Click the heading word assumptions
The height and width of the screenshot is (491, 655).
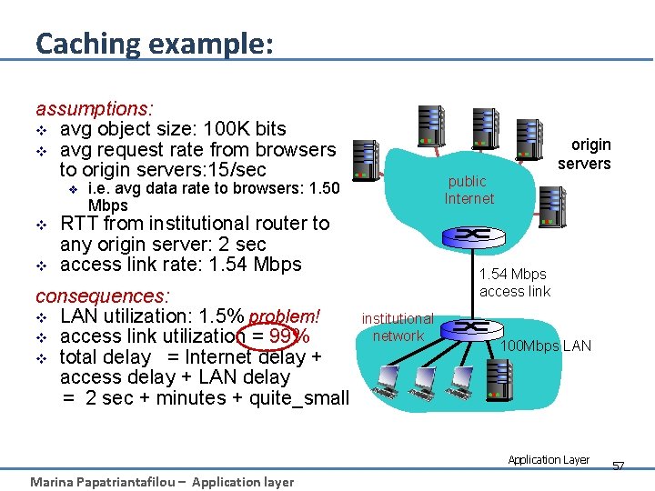pyautogui.click(x=94, y=108)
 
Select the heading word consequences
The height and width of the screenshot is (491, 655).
pyautogui.click(x=102, y=296)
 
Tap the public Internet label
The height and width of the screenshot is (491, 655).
pyautogui.click(x=469, y=189)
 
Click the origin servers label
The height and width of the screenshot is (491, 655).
pyautogui.click(x=584, y=154)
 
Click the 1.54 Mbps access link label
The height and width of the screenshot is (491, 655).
pyautogui.click(x=514, y=283)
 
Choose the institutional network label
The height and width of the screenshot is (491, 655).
pyautogui.click(x=398, y=327)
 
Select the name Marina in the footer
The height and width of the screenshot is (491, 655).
pyautogui.click(x=55, y=482)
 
